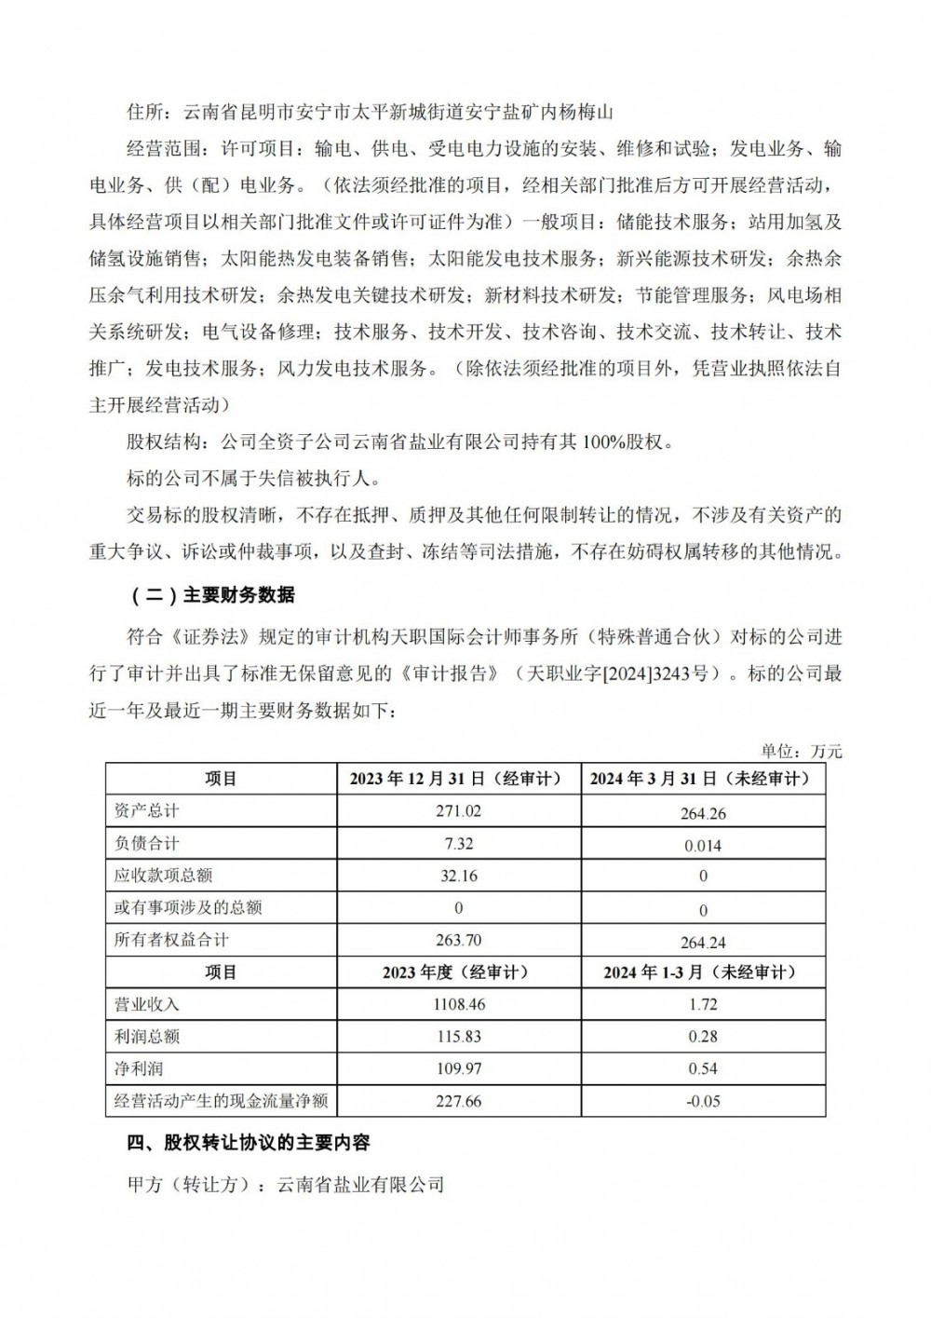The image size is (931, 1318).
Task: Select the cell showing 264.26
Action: coord(703,813)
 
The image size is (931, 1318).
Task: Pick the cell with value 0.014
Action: coord(703,846)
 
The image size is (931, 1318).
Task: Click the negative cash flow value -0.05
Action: coord(703,1102)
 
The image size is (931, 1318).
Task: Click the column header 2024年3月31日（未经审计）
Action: coord(703,779)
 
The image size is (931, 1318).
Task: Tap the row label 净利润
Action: coord(139,1068)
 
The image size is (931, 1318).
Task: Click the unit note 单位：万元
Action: coord(802,751)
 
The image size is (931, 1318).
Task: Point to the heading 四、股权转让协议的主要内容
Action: coord(249,1142)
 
